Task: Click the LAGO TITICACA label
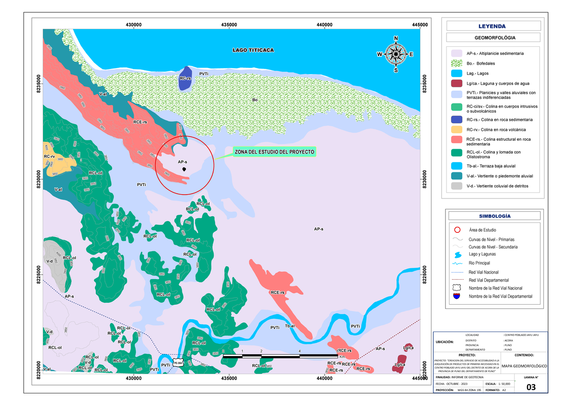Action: coord(253,50)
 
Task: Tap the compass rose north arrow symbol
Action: coord(395,54)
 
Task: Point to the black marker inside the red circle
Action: coord(184,169)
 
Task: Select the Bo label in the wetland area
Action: coord(255,100)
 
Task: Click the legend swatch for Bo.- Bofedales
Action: coord(456,64)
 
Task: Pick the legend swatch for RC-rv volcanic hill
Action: coord(456,129)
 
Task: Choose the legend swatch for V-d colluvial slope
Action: coord(456,186)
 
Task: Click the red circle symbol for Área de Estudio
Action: coord(456,230)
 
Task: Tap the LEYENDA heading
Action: coord(493,26)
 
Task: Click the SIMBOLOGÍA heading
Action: coord(493,216)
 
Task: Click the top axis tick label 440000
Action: coord(325,24)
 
